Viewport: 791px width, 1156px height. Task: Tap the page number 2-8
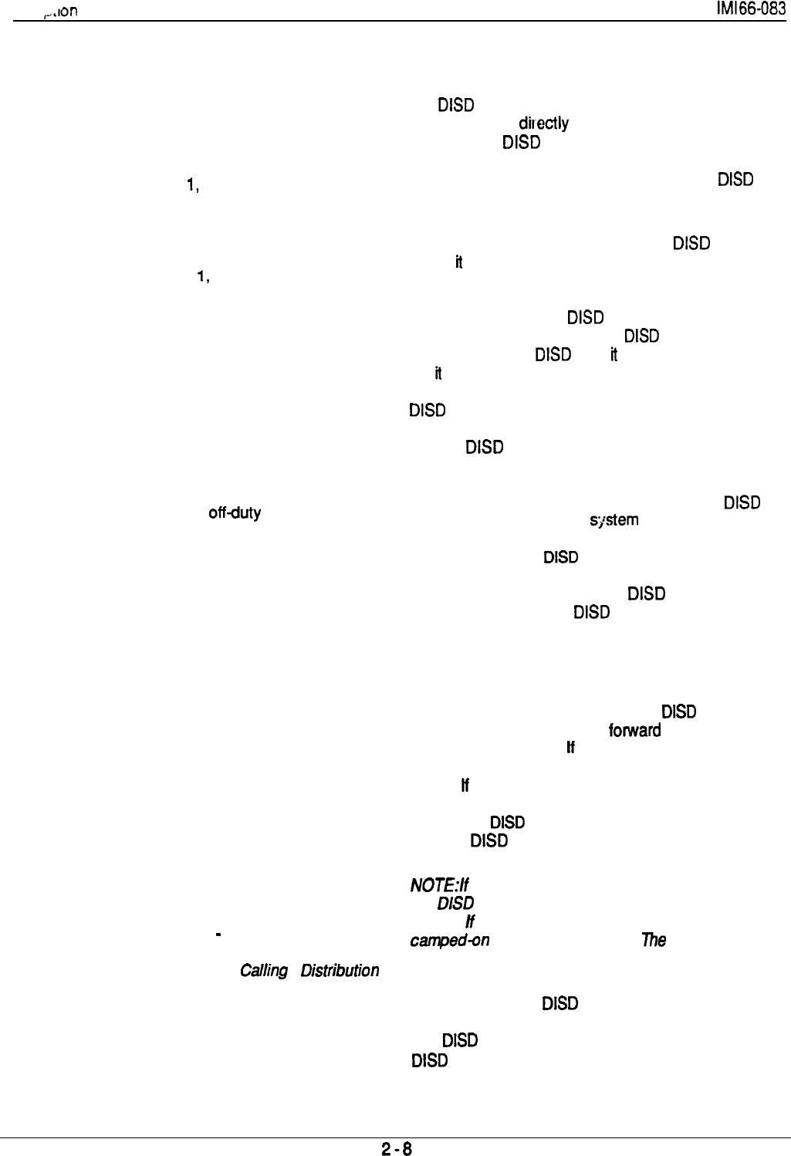[397, 1148]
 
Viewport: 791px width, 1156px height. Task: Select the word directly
[543, 123]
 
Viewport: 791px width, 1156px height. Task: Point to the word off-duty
[235, 512]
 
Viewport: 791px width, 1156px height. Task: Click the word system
[614, 520]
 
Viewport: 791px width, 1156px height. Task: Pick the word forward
[634, 730]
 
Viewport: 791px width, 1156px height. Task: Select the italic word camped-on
[449, 941]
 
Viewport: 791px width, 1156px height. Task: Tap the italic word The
[654, 940]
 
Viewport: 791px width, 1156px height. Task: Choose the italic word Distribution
[340, 971]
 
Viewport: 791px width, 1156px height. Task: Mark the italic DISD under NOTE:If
[455, 903]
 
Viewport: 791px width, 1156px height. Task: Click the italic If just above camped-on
[469, 921]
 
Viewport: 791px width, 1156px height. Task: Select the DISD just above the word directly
[455, 105]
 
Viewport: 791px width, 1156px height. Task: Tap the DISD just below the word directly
[521, 142]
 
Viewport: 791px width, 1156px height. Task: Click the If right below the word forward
[570, 748]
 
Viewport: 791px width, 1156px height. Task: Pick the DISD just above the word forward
[679, 712]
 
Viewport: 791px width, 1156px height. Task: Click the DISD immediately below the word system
[561, 557]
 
